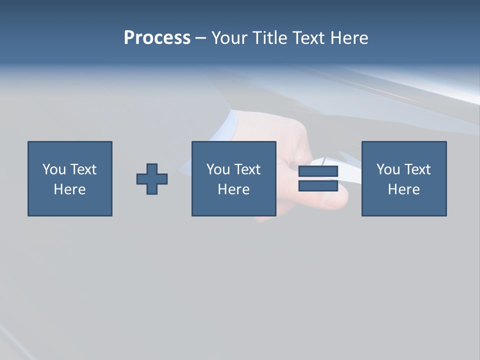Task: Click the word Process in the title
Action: pos(157,38)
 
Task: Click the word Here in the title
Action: pos(349,38)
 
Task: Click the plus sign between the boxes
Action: pos(152,179)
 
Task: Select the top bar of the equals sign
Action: pos(318,171)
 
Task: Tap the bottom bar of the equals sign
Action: pos(318,185)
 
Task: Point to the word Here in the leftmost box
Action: pos(70,189)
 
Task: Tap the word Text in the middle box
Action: pos(247,169)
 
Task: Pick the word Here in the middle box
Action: pos(234,189)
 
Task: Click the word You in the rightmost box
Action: pos(388,169)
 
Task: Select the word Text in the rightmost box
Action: pos(417,169)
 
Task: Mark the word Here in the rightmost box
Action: pos(404,189)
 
